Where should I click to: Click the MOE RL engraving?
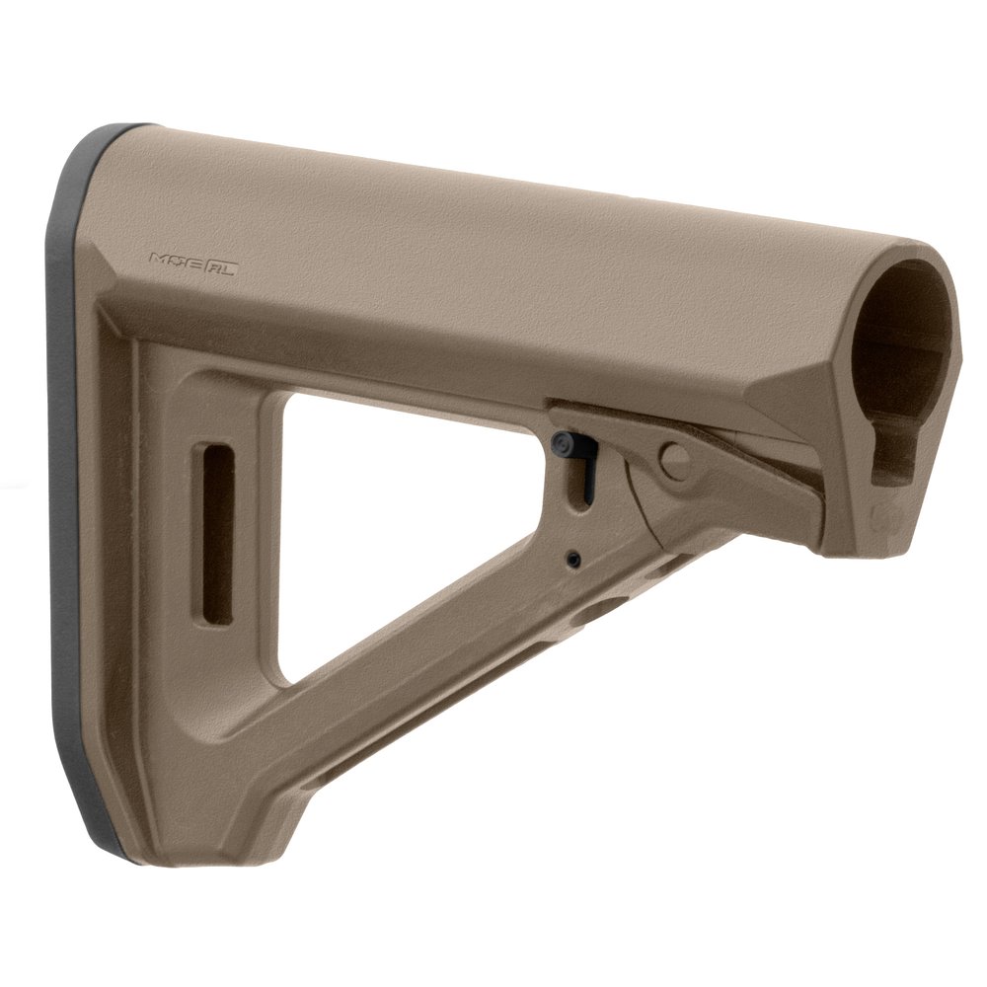192,262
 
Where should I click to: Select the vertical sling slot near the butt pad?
217,534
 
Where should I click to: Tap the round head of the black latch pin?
567,441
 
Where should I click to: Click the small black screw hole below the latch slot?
573,560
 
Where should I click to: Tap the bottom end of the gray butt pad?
109,844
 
